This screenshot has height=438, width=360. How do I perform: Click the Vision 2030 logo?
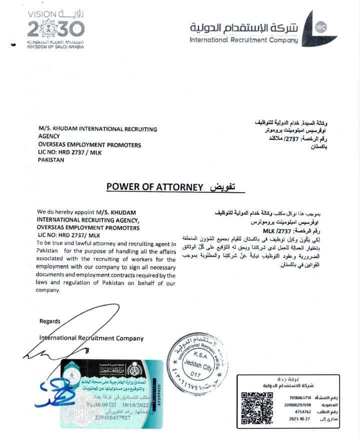pos(55,28)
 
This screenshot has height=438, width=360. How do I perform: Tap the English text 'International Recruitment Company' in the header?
pos(244,40)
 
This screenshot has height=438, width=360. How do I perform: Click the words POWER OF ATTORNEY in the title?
pos(154,187)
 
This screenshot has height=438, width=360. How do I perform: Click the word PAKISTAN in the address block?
pos(51,160)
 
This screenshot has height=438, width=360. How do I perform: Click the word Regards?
pos(50,321)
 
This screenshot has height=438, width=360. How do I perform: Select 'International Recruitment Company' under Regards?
pos(91,338)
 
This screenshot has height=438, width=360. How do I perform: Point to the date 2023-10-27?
pos(299,420)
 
